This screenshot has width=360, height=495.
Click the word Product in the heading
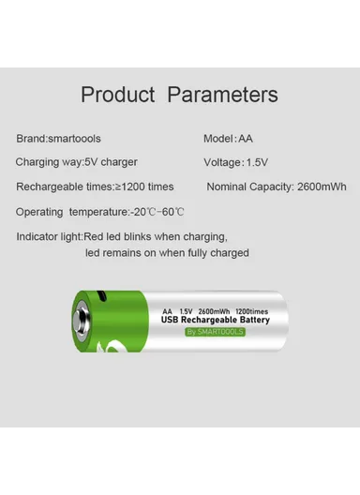(118, 95)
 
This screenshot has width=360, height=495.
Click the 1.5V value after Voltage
(257, 162)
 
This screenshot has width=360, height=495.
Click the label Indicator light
(50, 236)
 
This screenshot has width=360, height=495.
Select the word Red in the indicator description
(94, 236)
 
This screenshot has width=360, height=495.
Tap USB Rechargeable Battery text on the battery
(216, 320)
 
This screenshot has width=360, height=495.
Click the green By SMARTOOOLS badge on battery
(215, 331)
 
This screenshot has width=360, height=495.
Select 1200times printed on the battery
(252, 310)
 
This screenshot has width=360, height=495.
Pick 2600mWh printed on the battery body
(215, 310)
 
